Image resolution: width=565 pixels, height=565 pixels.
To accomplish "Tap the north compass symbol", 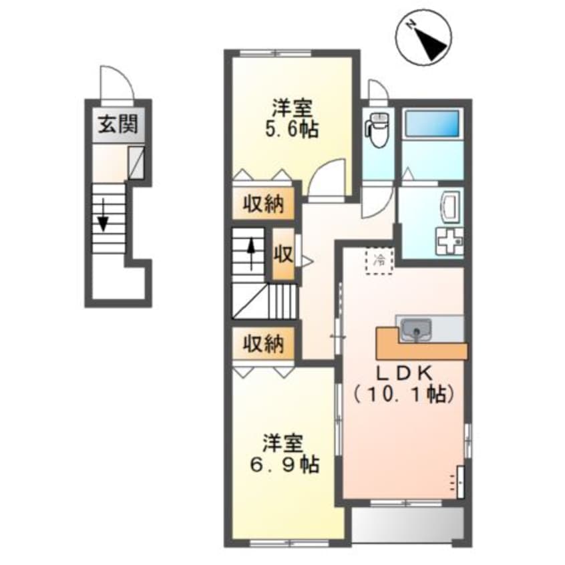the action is click(x=423, y=37).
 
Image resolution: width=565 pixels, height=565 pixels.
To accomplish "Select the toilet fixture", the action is click(x=377, y=130).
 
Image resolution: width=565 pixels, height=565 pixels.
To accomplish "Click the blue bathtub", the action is click(x=432, y=124).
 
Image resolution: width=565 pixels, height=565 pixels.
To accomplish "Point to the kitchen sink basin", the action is click(x=416, y=329).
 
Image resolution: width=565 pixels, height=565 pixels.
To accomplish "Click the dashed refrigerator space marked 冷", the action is click(x=379, y=261).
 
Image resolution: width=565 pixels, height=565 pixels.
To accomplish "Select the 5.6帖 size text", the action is click(x=292, y=130).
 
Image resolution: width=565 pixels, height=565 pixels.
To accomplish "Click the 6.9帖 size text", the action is click(x=285, y=464).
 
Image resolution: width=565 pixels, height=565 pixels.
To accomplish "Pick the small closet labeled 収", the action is click(x=283, y=254).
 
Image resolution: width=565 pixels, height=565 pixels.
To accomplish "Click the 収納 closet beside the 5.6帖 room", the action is click(x=263, y=204).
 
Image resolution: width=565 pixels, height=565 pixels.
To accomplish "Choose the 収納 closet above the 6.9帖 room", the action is click(x=263, y=344).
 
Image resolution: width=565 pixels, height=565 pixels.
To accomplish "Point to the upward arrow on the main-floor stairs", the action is click(x=251, y=254).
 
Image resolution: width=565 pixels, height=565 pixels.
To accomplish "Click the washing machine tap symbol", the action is click(x=450, y=240).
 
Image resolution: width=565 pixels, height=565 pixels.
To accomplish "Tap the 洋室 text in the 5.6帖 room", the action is click(x=292, y=108).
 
